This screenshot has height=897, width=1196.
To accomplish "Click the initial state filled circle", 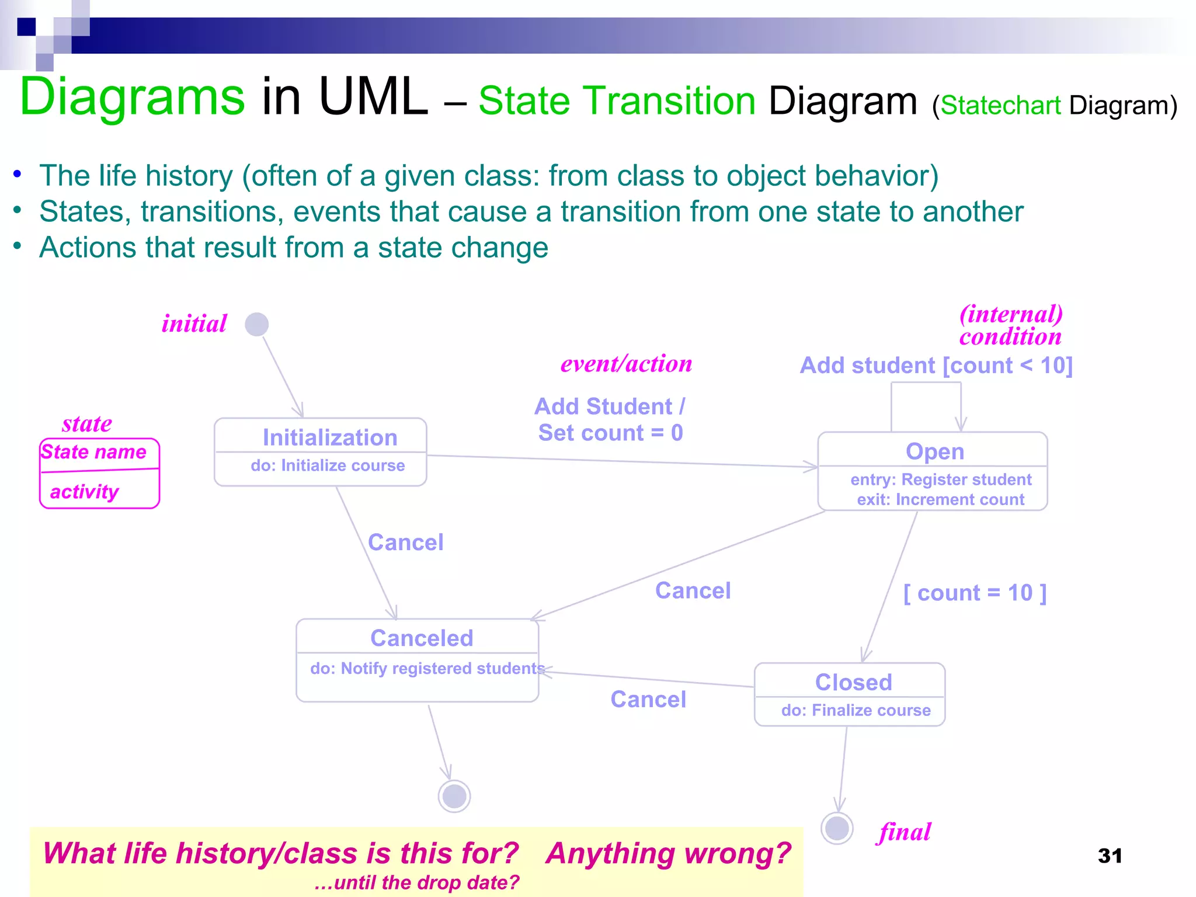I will pos(256,324).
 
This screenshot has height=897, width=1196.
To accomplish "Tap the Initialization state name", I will pos(330,437).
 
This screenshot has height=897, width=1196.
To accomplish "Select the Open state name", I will pos(934,451).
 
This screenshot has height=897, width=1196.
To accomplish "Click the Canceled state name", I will pos(422,638).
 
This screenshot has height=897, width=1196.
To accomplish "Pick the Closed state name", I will pos(853,682).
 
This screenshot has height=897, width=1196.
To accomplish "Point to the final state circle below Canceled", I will pos(454,796).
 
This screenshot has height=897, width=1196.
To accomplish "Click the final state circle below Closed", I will pos(837,828).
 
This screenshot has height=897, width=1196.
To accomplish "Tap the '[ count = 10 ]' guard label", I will pos(975,593).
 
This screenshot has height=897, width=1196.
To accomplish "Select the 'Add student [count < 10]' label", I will pos(936,366).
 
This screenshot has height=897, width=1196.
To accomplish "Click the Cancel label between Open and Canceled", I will pos(693,590).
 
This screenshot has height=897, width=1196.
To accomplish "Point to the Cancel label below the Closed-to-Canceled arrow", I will pos(648,699).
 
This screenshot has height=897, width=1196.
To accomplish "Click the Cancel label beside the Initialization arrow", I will pos(405,543).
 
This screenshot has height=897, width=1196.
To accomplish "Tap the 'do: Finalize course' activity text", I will pos(856,710).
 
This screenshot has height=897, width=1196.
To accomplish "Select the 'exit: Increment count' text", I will pos(940,500).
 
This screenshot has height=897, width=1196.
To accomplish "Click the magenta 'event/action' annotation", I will pos(626,363).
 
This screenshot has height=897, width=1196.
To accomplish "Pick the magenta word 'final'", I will pos(904,832).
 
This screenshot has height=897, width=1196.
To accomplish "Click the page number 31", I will pos(1110,856).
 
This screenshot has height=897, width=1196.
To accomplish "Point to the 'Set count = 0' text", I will pos(610,433).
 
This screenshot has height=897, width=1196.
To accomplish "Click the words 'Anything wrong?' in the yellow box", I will pos(668,853).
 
